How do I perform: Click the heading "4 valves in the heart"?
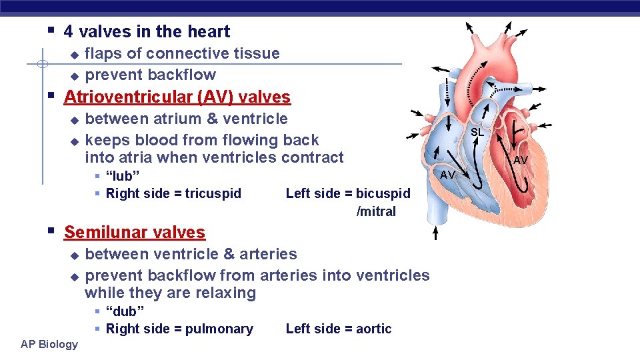tap(147, 31)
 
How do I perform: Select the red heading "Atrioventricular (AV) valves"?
tap(177, 97)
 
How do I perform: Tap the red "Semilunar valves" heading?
tap(135, 233)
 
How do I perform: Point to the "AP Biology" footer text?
tap(49, 344)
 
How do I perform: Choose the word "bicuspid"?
tap(383, 194)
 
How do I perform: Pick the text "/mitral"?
tap(376, 212)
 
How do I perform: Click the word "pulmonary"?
tap(220, 329)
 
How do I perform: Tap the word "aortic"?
tap(374, 329)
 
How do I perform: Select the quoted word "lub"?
tap(123, 177)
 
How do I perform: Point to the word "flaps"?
tap(104, 53)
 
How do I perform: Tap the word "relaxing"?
tap(225, 293)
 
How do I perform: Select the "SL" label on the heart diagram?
tap(477, 133)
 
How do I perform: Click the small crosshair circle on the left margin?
tap(42, 65)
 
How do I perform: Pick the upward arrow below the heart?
tap(435, 231)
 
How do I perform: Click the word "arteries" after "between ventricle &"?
tap(269, 254)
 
